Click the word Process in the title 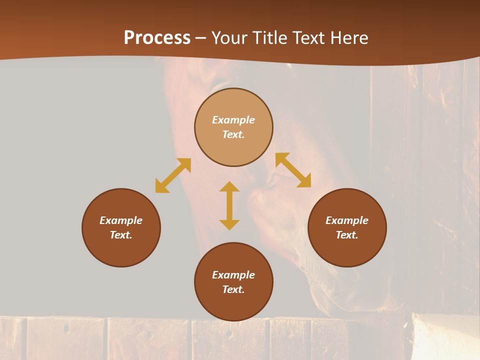click(157, 38)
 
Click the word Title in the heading click(269, 38)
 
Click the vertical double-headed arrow click(229, 205)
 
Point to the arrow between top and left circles click(173, 175)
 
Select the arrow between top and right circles click(293, 170)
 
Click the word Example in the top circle click(233, 120)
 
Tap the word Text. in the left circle click(121, 235)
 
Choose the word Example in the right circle click(347, 220)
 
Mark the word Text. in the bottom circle click(233, 289)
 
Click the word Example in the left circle click(121, 220)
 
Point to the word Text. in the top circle click(233, 134)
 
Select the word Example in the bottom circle click(233, 275)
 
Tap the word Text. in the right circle click(347, 235)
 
